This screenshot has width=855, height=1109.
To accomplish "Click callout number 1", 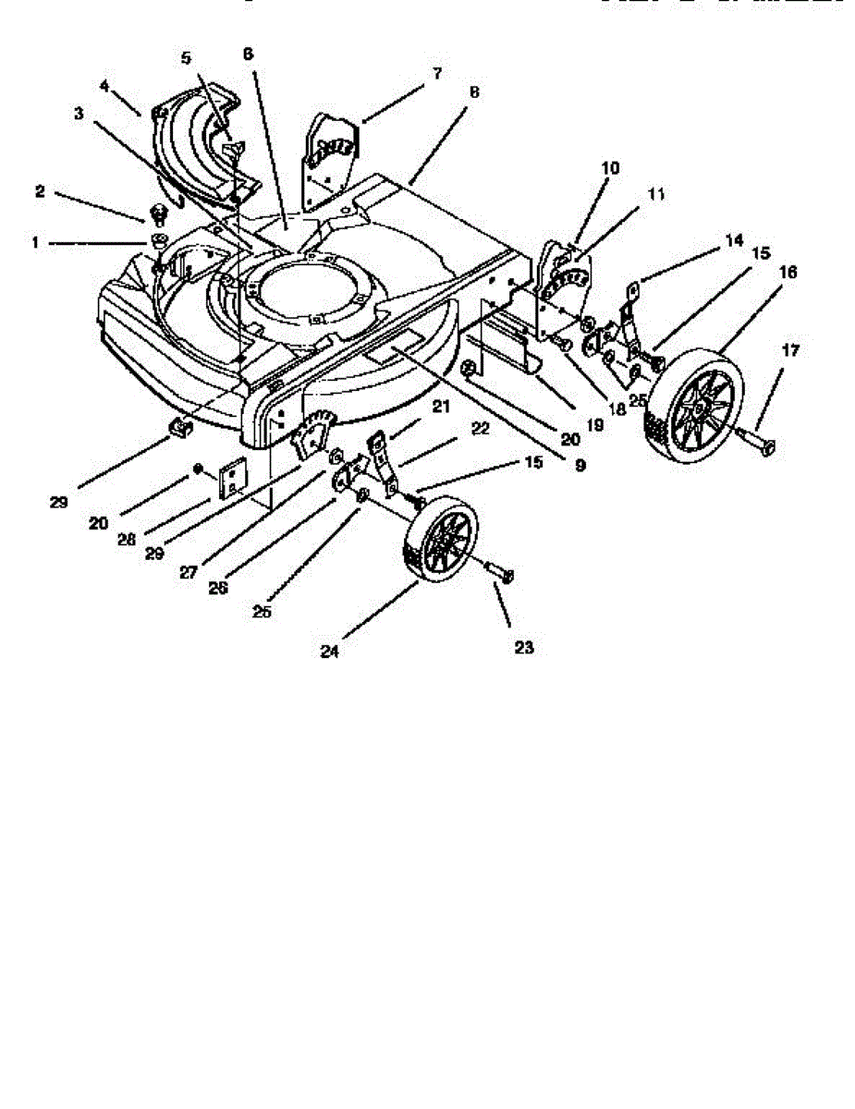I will [x=35, y=242].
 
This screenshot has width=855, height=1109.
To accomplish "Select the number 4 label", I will [x=104, y=85].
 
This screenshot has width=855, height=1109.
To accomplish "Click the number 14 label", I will [x=733, y=240].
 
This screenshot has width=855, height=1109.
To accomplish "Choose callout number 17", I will [x=790, y=350].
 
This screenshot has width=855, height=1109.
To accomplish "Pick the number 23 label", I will [x=524, y=648].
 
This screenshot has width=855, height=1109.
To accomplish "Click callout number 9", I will [x=580, y=467].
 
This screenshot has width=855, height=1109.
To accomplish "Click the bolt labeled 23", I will [x=500, y=574].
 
